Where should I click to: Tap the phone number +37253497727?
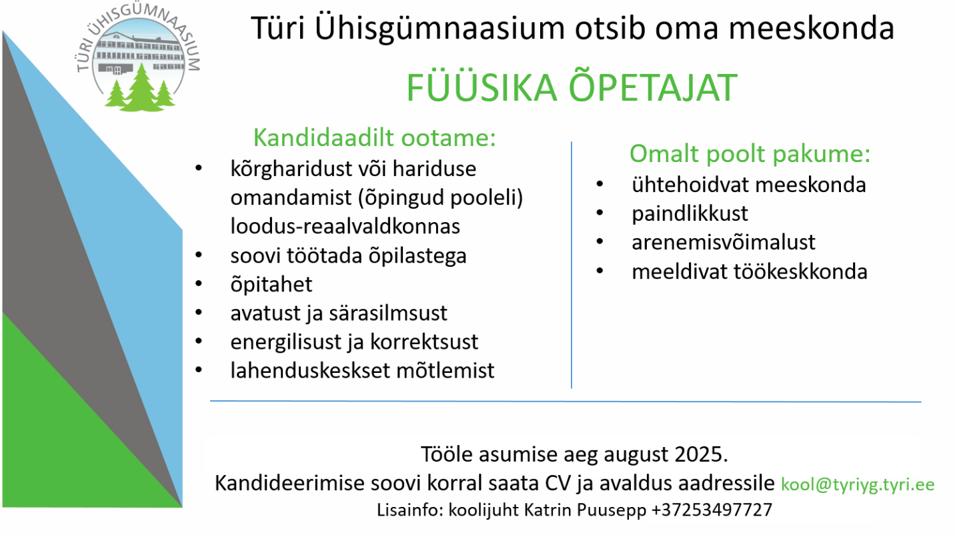(x=712, y=510)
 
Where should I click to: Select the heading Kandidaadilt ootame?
(x=375, y=138)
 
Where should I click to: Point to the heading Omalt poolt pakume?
(x=750, y=153)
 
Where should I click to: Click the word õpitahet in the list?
(x=271, y=285)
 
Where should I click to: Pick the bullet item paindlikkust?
(x=690, y=213)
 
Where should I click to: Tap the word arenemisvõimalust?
(x=724, y=242)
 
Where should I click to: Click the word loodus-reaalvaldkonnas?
(x=345, y=226)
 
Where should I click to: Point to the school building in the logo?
(x=139, y=55)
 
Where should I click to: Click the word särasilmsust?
(x=387, y=314)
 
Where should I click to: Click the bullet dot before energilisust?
(x=199, y=342)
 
